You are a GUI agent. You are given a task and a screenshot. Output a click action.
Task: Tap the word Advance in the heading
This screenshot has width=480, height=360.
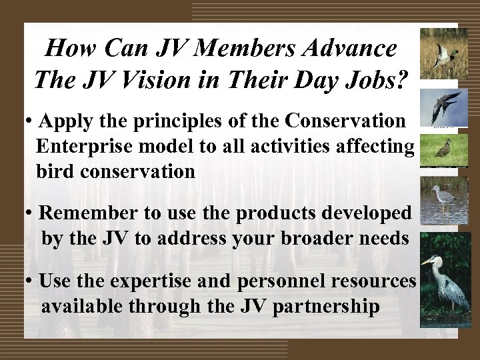[x=350, y=48]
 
